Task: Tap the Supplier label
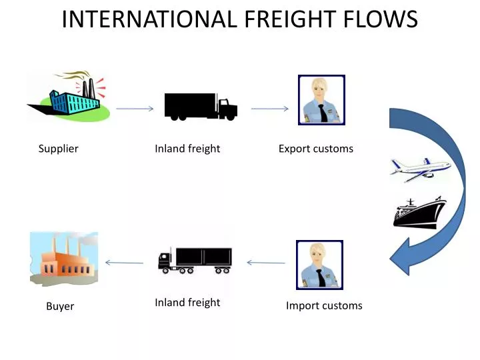tap(58, 149)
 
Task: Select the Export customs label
tap(315, 149)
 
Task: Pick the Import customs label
tap(324, 306)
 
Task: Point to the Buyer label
tap(60, 307)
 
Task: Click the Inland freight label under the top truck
tap(187, 149)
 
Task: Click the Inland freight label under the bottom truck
tap(187, 303)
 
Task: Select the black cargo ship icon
tap(419, 213)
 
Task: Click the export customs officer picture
tap(321, 100)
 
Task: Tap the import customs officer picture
tap(319, 265)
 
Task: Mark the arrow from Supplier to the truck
tap(134, 108)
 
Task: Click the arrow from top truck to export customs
tap(269, 108)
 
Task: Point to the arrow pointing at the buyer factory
tap(125, 263)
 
